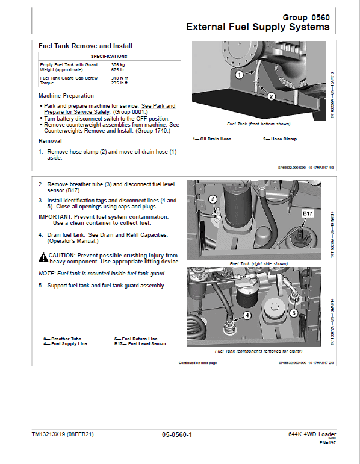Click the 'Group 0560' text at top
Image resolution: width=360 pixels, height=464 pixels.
click(x=306, y=17)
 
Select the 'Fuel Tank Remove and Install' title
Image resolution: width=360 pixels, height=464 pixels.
click(x=85, y=46)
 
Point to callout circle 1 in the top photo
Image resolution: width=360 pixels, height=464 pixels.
click(x=239, y=75)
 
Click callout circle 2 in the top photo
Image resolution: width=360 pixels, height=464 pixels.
click(x=271, y=96)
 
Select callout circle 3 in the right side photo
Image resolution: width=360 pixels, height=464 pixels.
click(x=213, y=199)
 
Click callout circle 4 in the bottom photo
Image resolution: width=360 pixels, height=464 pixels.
click(x=247, y=315)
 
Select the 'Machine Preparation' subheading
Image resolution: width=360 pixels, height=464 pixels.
click(x=66, y=96)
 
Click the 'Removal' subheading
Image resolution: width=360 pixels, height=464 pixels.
click(x=50, y=141)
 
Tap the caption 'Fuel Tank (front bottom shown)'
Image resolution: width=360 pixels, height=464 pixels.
click(x=258, y=124)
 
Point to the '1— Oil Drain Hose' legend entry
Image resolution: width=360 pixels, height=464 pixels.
click(x=212, y=139)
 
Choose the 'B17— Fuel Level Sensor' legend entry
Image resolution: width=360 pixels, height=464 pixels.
click(x=140, y=343)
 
